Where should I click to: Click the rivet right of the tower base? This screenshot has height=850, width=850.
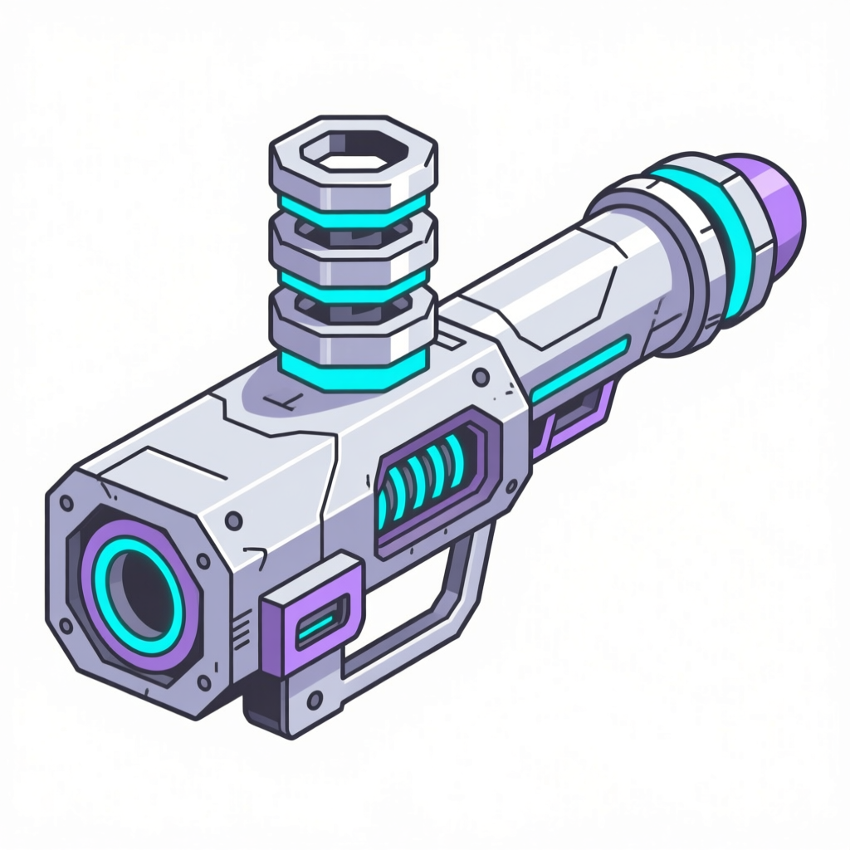pos(479,379)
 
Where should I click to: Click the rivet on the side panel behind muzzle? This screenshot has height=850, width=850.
pos(235,520)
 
